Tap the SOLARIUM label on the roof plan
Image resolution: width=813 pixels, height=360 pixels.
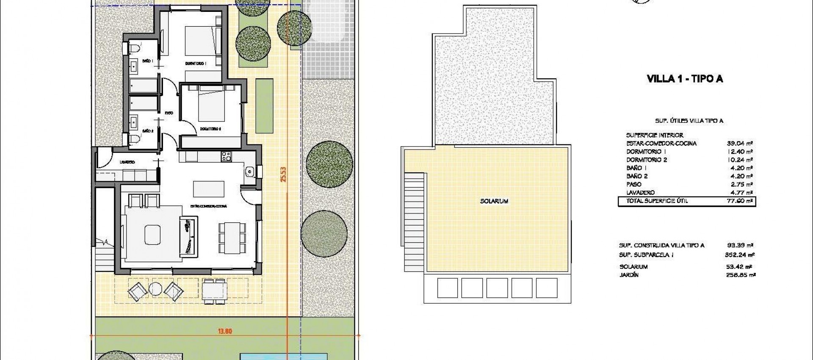pos(494,201)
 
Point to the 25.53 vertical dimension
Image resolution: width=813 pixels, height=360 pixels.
pos(283,174)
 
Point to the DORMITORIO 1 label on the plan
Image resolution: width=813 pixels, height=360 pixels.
pos(195,64)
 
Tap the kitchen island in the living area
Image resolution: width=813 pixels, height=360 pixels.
pos(209,187)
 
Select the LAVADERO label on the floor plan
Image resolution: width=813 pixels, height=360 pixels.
pos(127,162)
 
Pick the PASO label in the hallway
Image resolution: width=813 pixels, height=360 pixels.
pos(169,113)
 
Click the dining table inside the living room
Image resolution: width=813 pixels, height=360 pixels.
pos(232,238)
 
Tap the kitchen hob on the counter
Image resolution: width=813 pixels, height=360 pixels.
pos(226,156)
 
